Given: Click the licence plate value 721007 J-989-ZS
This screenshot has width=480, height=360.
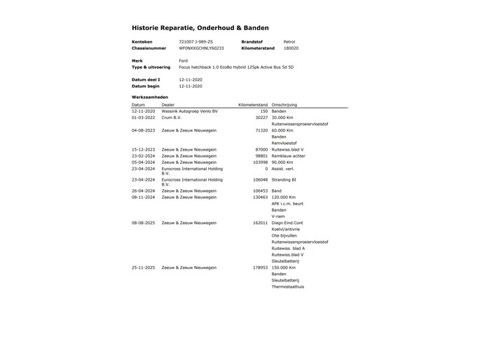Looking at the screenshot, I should pos(196,42).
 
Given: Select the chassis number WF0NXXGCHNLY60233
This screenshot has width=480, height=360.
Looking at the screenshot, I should pos(201,48).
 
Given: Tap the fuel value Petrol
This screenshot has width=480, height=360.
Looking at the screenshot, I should pos(289,42).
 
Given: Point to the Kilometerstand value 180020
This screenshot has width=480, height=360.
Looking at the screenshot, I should pos(291,48).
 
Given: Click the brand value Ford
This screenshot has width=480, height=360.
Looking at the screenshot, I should pos(183,61).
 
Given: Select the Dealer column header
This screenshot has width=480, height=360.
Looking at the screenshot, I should pos(168,104).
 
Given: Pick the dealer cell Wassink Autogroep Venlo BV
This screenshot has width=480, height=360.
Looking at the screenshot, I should pos(189,111).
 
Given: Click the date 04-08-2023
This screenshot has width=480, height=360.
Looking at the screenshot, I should pos(144,130).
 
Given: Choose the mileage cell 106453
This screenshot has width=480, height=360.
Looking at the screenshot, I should pos(259,191).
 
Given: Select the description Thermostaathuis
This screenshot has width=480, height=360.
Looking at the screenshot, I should pos(288,286).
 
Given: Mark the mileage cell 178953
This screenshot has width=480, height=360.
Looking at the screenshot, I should pos(259,268).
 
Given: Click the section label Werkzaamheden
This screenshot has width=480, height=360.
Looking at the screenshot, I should pos(149,96).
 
